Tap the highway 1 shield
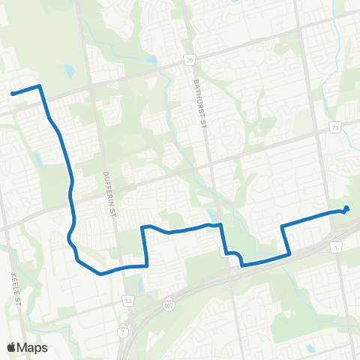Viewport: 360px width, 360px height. (x=336, y=247)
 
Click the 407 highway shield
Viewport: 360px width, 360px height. (x=169, y=304)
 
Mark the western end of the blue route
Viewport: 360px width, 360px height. (x=12, y=94)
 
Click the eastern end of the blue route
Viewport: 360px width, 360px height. (x=346, y=209)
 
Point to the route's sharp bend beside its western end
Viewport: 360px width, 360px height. (x=39, y=86)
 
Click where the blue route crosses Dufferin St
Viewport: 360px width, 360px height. (x=118, y=268)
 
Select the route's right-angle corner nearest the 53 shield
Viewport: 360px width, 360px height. (x=146, y=265)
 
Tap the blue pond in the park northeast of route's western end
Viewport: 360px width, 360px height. (x=69, y=72)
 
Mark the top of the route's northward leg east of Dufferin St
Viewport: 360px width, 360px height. (x=142, y=227)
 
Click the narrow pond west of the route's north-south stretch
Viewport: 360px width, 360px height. (x=37, y=160)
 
